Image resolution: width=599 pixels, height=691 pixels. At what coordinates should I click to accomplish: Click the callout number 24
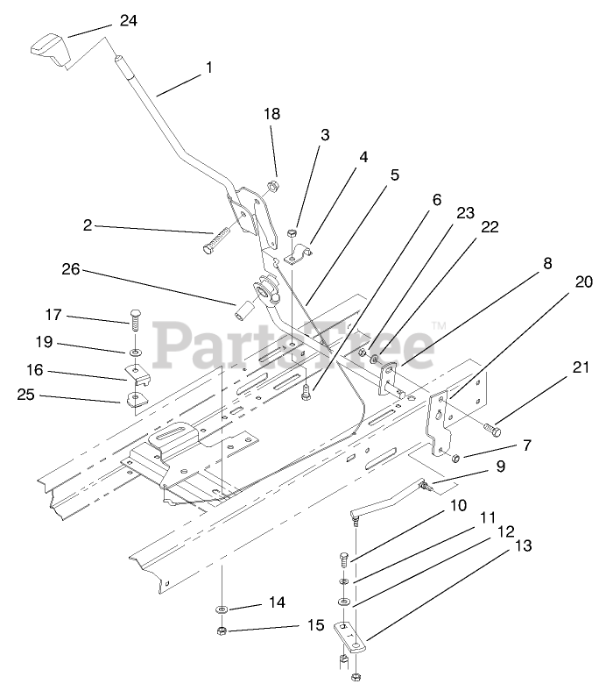point(128,20)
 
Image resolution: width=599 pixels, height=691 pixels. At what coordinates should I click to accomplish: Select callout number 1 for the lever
point(208,67)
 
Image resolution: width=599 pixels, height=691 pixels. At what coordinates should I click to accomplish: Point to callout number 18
point(272,115)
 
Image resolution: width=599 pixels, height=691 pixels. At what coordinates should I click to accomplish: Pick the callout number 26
point(70,270)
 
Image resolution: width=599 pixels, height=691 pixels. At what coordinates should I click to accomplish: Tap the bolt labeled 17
point(137,320)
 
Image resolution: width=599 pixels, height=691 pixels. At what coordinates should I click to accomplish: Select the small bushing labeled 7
point(458,456)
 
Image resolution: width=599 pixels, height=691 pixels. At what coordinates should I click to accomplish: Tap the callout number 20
point(583,282)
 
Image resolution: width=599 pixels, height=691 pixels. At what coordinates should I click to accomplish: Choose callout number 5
point(395,175)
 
